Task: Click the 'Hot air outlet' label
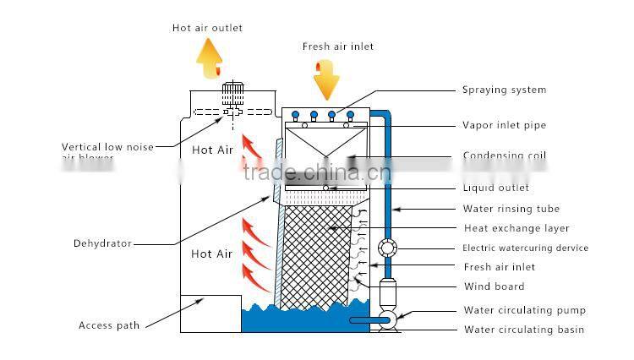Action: pos(207,28)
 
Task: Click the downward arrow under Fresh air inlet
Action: pos(325,79)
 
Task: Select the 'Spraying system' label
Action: pos(504,90)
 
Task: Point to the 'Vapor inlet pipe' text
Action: pos(504,125)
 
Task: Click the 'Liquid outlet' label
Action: pos(495,188)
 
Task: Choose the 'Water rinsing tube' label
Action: pos(511,209)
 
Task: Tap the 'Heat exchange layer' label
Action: pos(516,228)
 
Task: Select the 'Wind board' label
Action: pos(494,286)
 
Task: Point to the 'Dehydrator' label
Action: pos(102,243)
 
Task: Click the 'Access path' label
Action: pos(109,325)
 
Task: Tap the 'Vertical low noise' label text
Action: pos(107,147)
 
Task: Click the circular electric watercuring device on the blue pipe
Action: pos(388,248)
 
